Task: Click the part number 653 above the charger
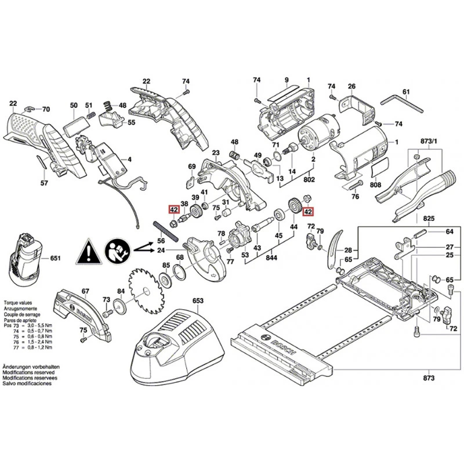pos(198,301)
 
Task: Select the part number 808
pos(375,184)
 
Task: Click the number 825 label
pos(428,219)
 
